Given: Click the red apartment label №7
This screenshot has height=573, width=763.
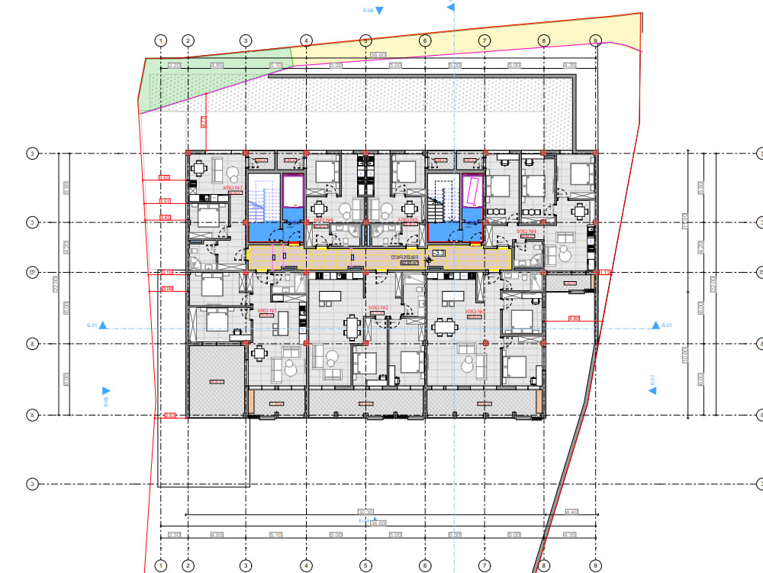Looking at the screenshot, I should [x=232, y=186].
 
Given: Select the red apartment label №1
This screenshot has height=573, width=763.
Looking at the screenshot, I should [x=266, y=310].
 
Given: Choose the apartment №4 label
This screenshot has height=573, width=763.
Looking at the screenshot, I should [x=527, y=231].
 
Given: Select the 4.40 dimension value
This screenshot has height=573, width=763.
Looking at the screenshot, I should [x=571, y=512].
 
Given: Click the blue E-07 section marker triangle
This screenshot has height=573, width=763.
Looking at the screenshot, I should [x=652, y=390].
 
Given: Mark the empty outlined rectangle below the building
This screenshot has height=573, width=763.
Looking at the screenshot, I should [x=204, y=451].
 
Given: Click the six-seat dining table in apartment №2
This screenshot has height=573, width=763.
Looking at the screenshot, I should [x=352, y=327].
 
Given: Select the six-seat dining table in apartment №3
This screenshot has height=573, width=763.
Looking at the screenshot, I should [x=445, y=327].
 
